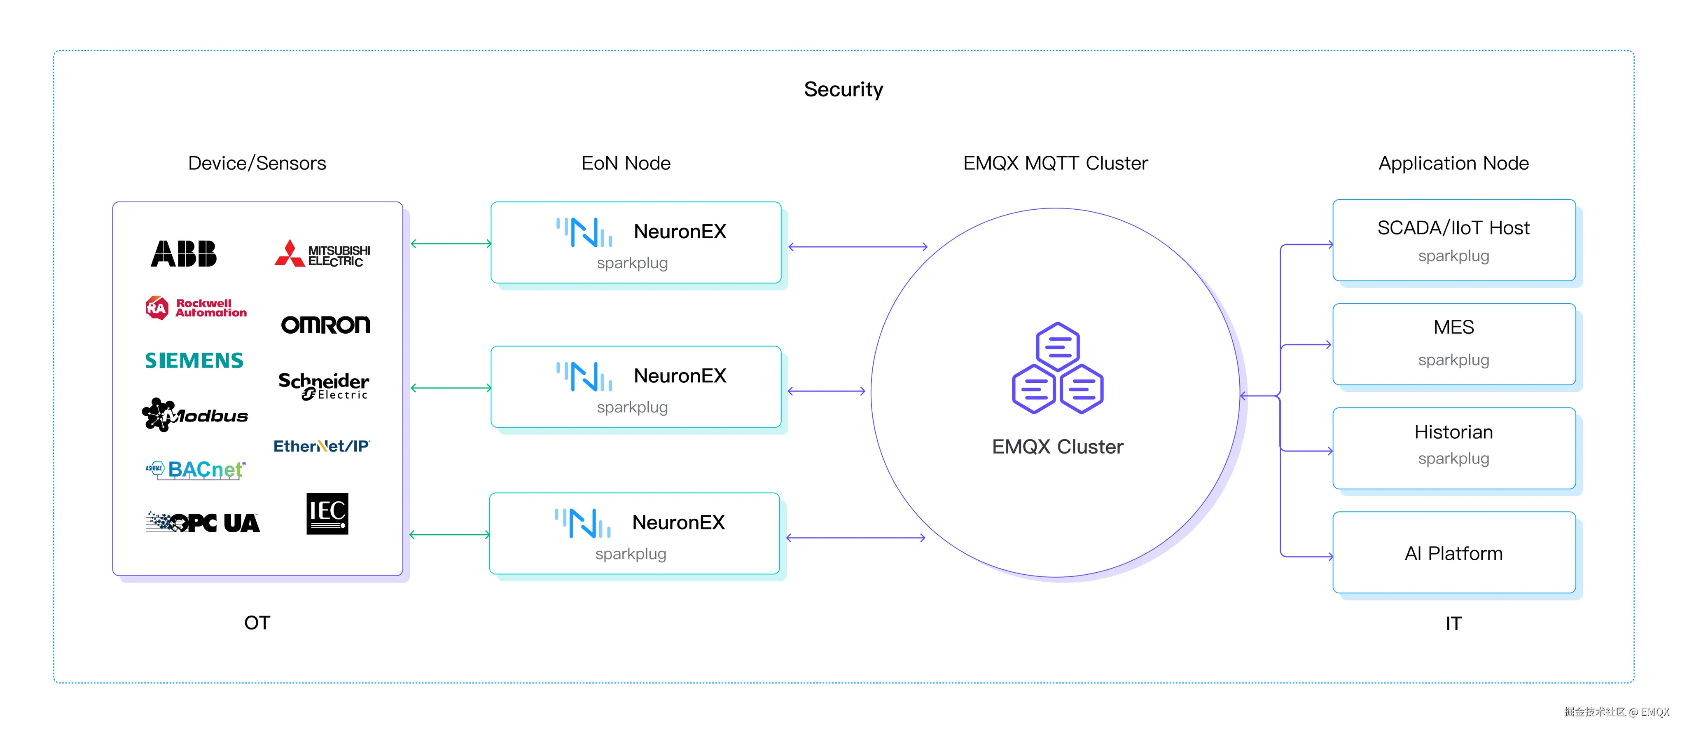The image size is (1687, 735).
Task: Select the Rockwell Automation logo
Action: pos(196,308)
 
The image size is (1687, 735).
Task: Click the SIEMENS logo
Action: pos(194,360)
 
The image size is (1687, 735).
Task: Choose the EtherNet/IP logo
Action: pos(322,446)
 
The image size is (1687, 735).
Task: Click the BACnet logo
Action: pos(195,470)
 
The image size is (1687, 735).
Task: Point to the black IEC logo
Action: pos(327,514)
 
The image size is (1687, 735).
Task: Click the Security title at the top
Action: pos(843,89)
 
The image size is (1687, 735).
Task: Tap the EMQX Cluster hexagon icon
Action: pos(1058,368)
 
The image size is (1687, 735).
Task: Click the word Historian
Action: pos(1453,432)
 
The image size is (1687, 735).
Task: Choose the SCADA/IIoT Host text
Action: pos(1453,228)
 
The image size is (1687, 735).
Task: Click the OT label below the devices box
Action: pos(257,623)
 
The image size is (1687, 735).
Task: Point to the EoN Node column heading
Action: pos(626,163)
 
